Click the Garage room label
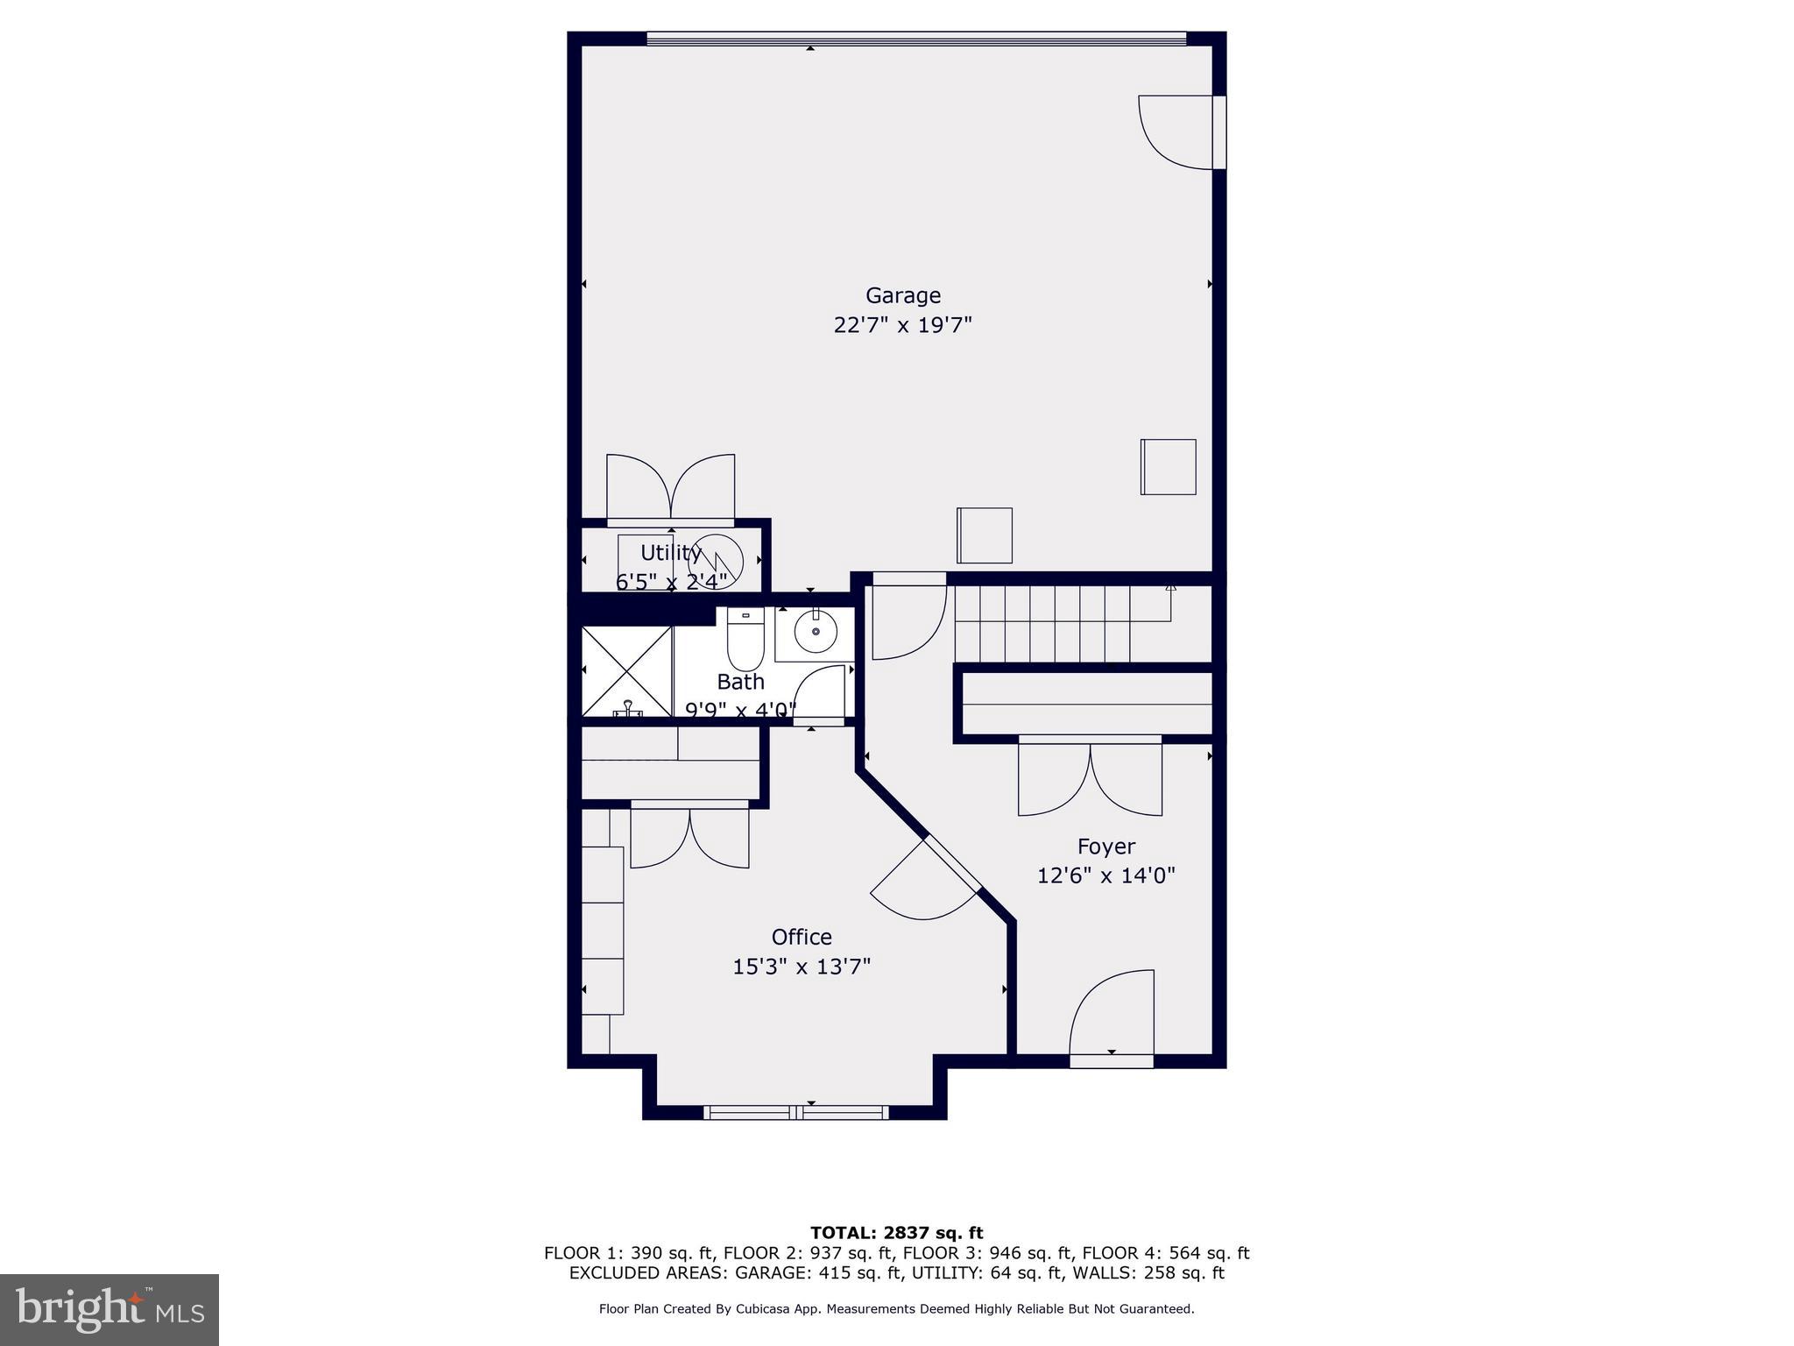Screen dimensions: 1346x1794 pyautogui.click(x=902, y=295)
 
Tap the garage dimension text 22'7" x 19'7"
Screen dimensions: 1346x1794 pyautogui.click(x=902, y=326)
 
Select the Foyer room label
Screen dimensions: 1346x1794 pyautogui.click(x=1105, y=847)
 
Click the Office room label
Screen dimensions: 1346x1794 pyautogui.click(x=801, y=938)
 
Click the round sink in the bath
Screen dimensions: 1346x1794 pyautogui.click(x=816, y=632)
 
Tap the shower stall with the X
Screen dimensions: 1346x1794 pyautogui.click(x=626, y=671)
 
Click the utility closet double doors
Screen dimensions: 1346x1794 pyautogui.click(x=671, y=489)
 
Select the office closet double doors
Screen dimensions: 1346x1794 pyautogui.click(x=689, y=837)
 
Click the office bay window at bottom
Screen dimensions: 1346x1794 pyautogui.click(x=795, y=1112)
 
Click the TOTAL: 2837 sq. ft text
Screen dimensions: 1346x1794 pyautogui.click(x=896, y=1233)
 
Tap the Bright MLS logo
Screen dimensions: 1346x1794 pyautogui.click(x=109, y=1309)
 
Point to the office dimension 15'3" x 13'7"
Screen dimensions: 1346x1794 pyautogui.click(x=801, y=967)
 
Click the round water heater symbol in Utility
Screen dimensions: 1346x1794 pyautogui.click(x=716, y=561)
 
